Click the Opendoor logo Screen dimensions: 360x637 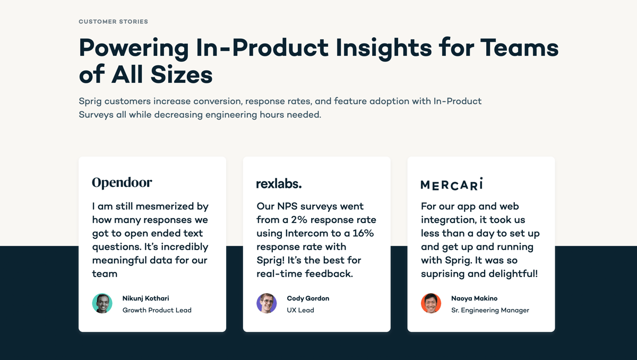[x=122, y=183]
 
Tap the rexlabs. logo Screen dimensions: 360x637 [x=279, y=184]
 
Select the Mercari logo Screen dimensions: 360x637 [x=452, y=184]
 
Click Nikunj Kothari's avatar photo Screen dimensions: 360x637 [x=102, y=304]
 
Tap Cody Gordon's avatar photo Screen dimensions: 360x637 [x=266, y=304]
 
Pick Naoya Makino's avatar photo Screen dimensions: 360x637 [x=431, y=304]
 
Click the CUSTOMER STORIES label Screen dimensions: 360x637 [x=113, y=22]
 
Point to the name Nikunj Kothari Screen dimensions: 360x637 [x=145, y=298]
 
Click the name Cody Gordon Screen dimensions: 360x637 [x=308, y=298]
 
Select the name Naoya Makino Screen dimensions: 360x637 [x=474, y=298]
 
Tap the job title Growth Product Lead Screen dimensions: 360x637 [x=157, y=310]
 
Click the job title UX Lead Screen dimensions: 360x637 [x=300, y=310]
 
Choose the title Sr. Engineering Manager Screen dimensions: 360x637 [x=490, y=310]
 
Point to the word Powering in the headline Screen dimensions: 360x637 [x=133, y=48]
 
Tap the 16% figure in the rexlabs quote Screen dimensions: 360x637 [x=363, y=233]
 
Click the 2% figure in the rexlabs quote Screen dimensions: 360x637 [x=300, y=220]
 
